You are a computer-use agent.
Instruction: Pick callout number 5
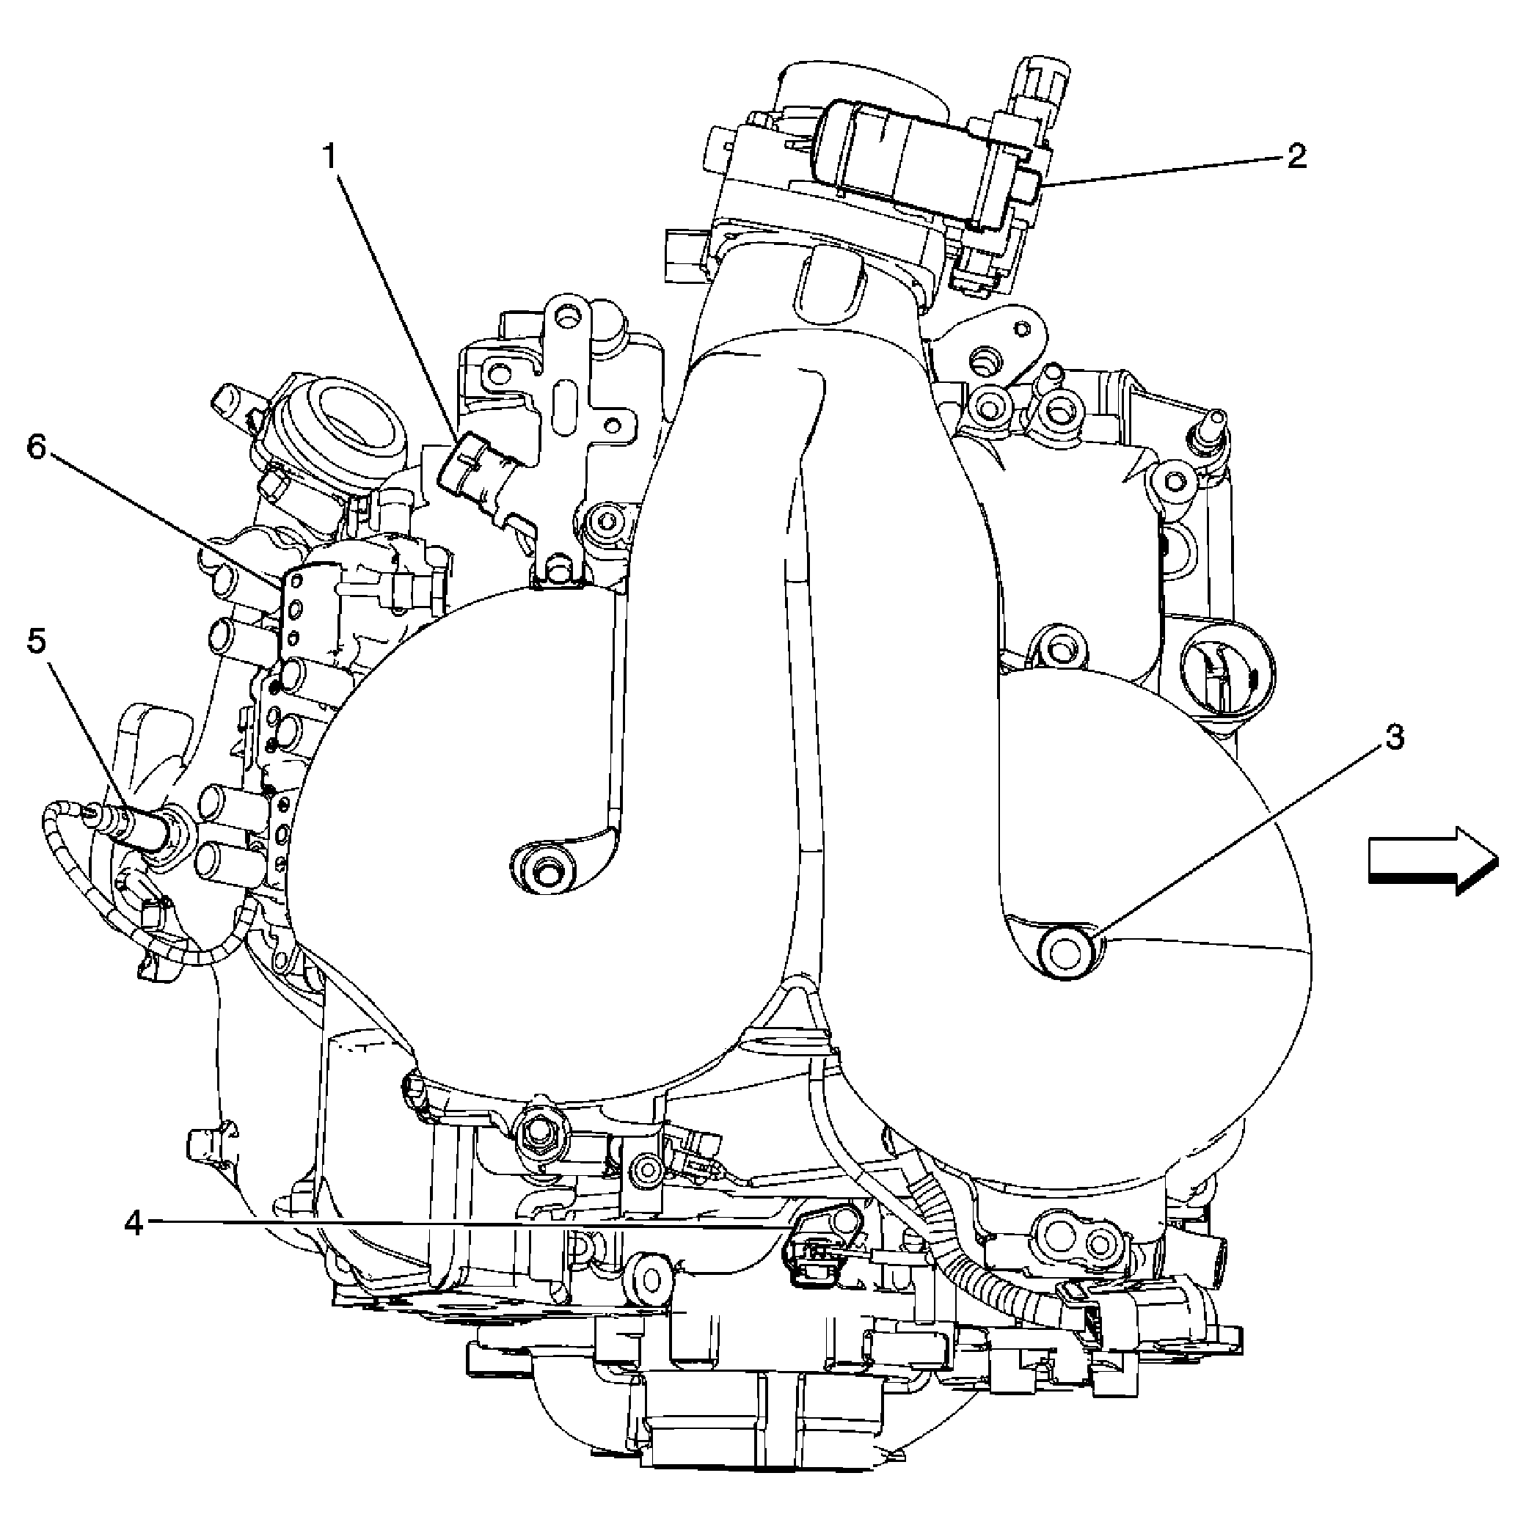37,640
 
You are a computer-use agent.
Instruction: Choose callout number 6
37,447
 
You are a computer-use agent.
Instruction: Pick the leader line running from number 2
1163,172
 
